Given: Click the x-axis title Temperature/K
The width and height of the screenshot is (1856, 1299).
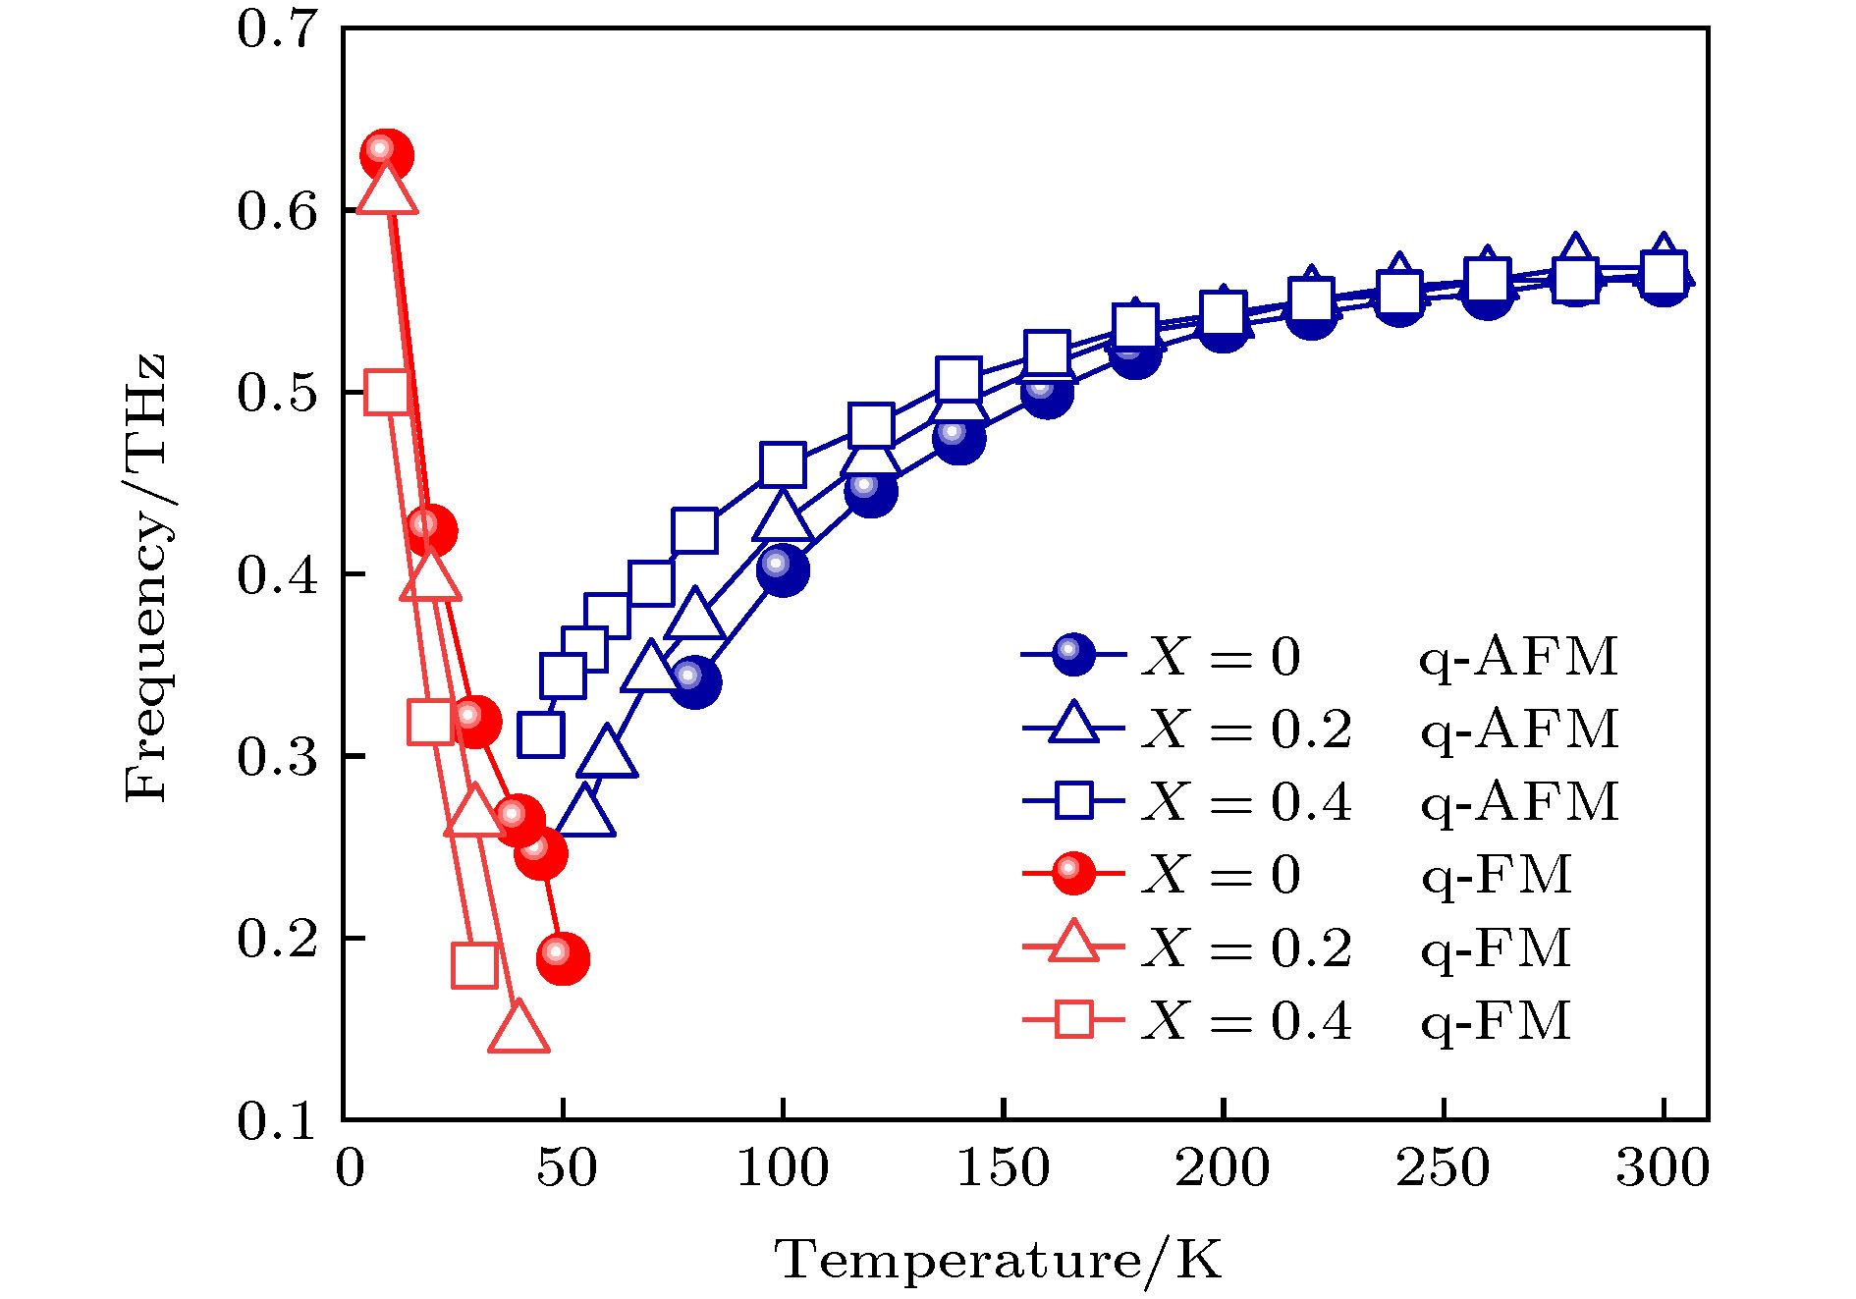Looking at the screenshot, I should coord(999,1260).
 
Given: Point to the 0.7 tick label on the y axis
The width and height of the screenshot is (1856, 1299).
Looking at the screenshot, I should coord(278,29).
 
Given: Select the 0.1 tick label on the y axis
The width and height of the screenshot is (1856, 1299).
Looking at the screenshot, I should coord(278,1120).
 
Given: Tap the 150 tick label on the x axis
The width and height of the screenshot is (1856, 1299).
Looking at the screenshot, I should coord(1003,1168).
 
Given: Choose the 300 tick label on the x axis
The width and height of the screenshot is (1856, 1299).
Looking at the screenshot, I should coord(1663,1168).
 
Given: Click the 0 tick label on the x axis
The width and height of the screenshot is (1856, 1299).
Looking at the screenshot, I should coord(350,1168).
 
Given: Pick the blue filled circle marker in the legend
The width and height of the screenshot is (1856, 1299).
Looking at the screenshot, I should coord(1073,654).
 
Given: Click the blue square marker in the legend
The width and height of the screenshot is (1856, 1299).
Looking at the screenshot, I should coord(1073,800).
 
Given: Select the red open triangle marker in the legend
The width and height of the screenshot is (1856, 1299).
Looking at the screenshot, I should coord(1073,944).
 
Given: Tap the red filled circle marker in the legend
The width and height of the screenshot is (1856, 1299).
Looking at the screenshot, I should coord(1073,873).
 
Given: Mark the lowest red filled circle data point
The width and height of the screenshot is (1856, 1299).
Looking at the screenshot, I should coord(563,957).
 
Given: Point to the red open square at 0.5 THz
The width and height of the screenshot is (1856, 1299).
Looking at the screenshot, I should coord(387,393).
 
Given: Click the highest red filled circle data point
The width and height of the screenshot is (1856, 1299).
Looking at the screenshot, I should coord(386,154).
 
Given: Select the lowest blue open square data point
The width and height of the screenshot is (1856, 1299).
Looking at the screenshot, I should coord(541,734).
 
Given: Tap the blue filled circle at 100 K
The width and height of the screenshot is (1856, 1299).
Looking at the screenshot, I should coord(783,570).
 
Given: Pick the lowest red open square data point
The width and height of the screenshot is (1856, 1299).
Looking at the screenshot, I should coord(475,966).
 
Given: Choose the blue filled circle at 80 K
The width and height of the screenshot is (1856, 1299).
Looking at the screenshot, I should coord(695,681).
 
